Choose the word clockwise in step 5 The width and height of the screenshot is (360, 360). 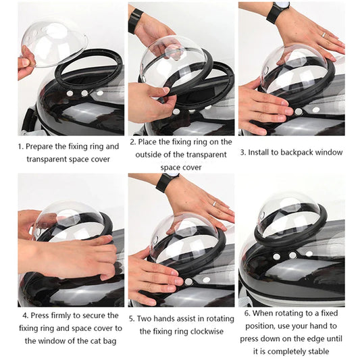click(x=204, y=331)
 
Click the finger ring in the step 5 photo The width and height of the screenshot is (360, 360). click(x=213, y=203)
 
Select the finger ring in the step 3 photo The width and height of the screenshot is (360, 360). click(x=323, y=34)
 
